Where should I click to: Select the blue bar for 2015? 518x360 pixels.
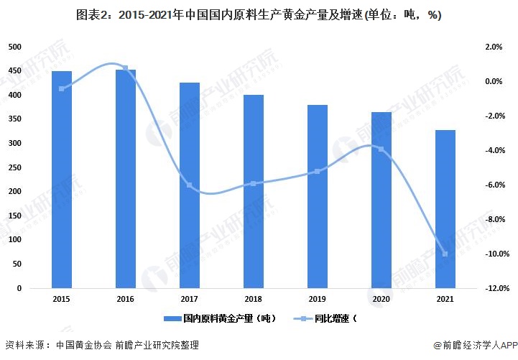click(x=62, y=180)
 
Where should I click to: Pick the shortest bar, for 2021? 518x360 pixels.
click(x=445, y=209)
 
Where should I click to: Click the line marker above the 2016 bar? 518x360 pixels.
click(x=126, y=68)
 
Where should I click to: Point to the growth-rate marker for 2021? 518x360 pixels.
click(x=445, y=254)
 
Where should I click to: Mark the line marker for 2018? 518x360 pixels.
click(x=254, y=184)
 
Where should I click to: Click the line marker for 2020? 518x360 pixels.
click(x=381, y=149)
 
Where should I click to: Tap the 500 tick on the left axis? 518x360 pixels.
click(x=15, y=47)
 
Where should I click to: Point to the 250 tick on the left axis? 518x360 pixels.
click(x=15, y=167)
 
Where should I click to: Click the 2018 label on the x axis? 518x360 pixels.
click(x=254, y=297)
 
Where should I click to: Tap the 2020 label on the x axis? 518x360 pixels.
click(x=381, y=297)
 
